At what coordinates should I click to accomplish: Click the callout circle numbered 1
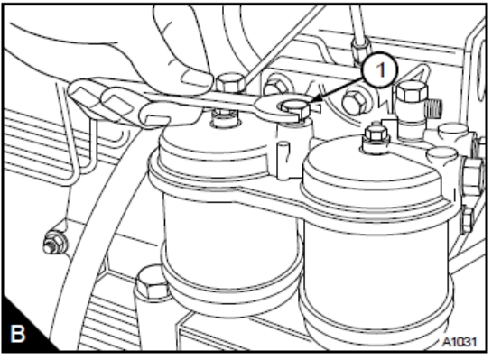coord(380,69)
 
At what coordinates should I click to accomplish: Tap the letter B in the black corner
coord(17,334)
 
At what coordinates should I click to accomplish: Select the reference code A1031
coord(460,341)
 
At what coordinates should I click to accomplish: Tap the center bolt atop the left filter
coord(225,117)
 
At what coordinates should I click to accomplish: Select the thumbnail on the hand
coord(194,79)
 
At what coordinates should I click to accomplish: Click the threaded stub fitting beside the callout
coord(432,107)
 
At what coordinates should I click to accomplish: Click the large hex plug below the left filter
coord(153,284)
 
